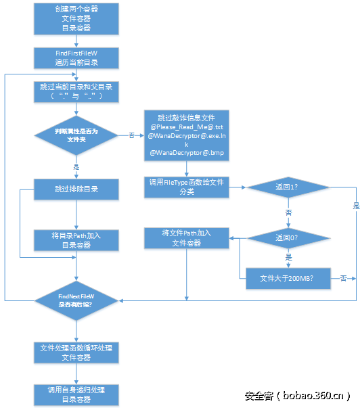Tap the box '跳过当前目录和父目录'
point(76,92)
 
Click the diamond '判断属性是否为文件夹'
point(76,135)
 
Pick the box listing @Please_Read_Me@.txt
point(187,136)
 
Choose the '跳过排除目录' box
point(76,189)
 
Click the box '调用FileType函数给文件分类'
point(187,187)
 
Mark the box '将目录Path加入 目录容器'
point(76,239)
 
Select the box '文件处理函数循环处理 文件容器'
point(76,352)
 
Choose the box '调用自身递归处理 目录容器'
point(76,394)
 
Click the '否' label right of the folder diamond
point(131,135)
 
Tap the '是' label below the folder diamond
point(76,166)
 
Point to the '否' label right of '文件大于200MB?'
point(344,277)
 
